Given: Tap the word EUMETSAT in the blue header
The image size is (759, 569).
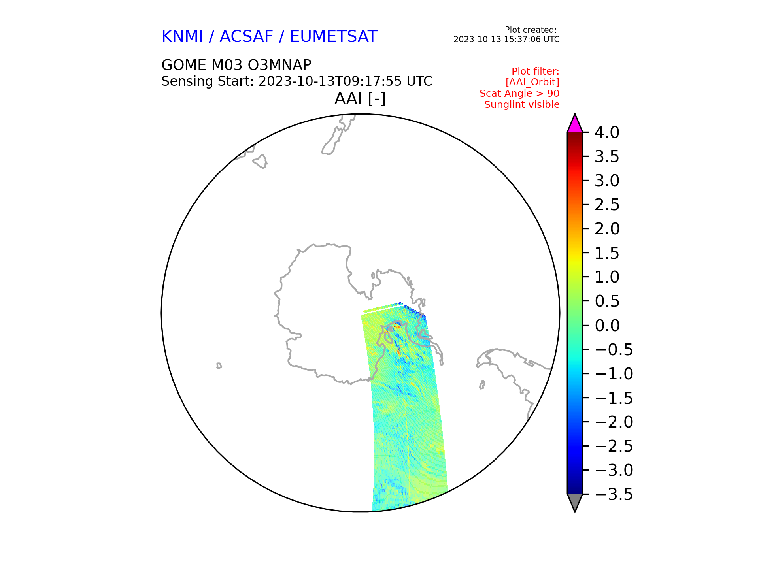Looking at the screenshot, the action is [334, 37].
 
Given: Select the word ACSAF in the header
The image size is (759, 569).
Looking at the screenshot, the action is [246, 37].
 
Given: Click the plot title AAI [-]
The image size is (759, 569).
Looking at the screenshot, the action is [360, 98].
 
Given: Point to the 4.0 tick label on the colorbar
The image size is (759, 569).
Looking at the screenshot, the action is [607, 132].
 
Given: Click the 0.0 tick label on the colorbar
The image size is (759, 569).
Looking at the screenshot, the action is [607, 326].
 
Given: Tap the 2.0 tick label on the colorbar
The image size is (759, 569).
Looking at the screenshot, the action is [607, 229].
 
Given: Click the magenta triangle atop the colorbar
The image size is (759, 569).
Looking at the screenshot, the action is [575, 124].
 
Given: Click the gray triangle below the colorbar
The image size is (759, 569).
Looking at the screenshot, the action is [575, 501].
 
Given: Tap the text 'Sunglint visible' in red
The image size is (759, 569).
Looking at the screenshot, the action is [522, 105].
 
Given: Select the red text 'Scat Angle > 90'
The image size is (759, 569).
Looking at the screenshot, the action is [519, 94].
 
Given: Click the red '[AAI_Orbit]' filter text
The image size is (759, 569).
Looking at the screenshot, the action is [532, 82].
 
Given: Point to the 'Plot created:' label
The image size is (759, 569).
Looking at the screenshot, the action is [531, 30].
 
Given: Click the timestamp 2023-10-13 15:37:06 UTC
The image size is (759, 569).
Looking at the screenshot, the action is [506, 40].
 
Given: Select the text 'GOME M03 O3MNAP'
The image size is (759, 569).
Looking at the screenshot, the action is [236, 65].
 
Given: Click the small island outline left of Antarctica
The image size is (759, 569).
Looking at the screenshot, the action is [219, 366].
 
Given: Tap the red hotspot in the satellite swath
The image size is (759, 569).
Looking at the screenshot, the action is [397, 325].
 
